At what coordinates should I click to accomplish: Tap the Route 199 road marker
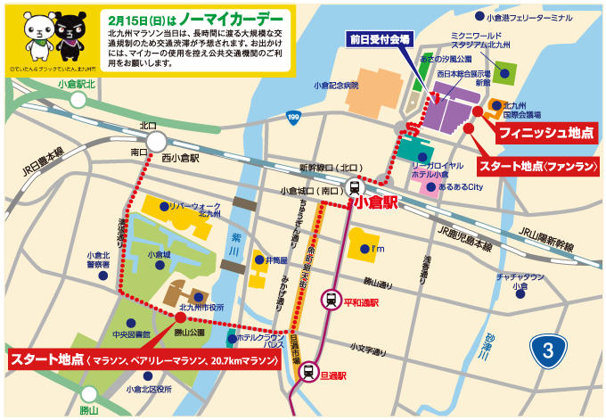[x=293, y=117]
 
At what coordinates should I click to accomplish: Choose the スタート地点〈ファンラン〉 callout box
[x=537, y=167]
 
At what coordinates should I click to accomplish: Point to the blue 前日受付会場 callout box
[x=380, y=40]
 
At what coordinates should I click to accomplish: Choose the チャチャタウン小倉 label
[x=520, y=282]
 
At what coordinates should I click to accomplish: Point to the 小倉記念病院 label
[x=335, y=86]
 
